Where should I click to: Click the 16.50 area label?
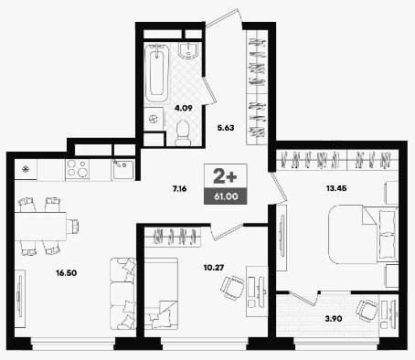tap(67, 273)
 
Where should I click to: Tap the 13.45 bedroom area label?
tap(336, 188)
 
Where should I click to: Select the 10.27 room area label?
tap(214, 268)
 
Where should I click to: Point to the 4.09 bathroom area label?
tap(184, 108)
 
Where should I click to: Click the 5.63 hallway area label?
tap(226, 128)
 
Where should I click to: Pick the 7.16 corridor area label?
tap(179, 189)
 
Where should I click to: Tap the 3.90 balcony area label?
tap(334, 319)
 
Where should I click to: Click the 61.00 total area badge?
tap(226, 196)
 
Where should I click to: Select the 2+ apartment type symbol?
tap(225, 177)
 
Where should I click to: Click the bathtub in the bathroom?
tap(156, 73)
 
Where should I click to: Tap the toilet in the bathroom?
tap(183, 132)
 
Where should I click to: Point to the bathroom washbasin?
tap(188, 50)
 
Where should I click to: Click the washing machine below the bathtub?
tap(154, 119)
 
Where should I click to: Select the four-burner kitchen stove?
tap(78, 168)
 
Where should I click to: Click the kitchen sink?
tap(123, 170)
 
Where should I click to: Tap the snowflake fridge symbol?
tap(26, 168)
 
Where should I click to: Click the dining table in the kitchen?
tap(40, 227)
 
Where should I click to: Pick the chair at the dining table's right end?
tap(73, 226)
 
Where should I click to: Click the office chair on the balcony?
tap(367, 311)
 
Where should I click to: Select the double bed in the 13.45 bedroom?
tap(363, 234)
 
